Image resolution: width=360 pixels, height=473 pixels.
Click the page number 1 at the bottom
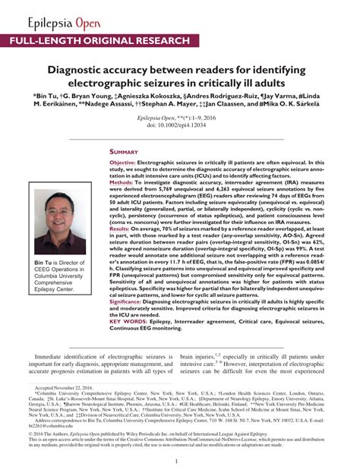(x=176, y=461)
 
